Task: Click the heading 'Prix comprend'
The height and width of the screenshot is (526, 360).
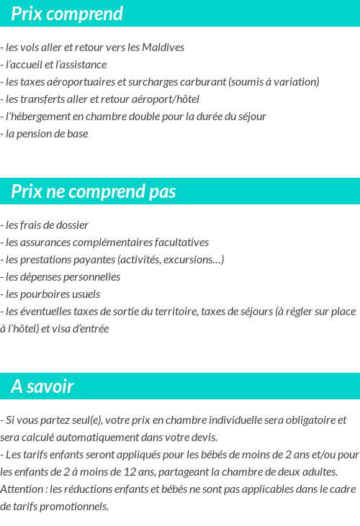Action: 67,14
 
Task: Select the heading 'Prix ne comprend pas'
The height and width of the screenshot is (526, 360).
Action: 93,191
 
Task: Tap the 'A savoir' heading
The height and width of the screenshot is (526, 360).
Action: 42,386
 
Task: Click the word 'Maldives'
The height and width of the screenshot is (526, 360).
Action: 164,47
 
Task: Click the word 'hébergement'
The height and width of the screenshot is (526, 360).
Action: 42,117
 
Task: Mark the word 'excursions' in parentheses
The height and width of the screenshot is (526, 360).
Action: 194,260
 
